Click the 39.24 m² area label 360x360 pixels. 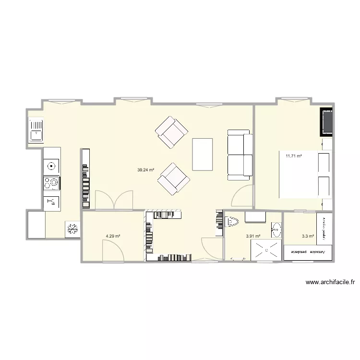pyautogui.click(x=145, y=169)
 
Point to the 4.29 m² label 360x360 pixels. pyautogui.click(x=113, y=236)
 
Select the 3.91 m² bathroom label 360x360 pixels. pyautogui.click(x=253, y=236)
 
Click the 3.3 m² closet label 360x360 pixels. pyautogui.click(x=308, y=236)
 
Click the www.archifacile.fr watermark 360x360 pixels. pyautogui.click(x=330, y=283)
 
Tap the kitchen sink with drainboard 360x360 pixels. pyautogui.click(x=36, y=130)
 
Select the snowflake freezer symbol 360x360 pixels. pyautogui.click(x=73, y=229)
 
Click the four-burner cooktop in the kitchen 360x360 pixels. pyautogui.click(x=51, y=183)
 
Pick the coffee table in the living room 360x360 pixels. pyautogui.click(x=202, y=154)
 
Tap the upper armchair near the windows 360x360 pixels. pyautogui.click(x=171, y=132)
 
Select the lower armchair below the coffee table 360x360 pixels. pyautogui.click(x=173, y=179)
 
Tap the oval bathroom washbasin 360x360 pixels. pyautogui.click(x=276, y=230)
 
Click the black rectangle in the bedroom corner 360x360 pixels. pyautogui.click(x=327, y=122)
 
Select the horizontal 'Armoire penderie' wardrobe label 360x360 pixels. pyautogui.click(x=308, y=252)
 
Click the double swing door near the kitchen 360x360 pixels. pyautogui.click(x=114, y=200)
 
